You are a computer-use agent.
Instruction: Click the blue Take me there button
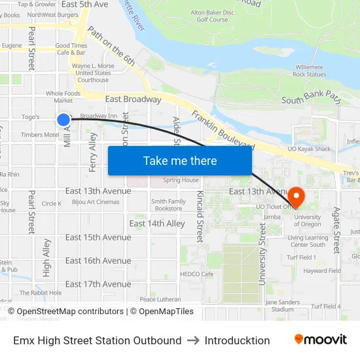point(179,160)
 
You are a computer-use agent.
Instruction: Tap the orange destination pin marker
point(295,196)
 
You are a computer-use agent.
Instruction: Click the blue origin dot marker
point(63,119)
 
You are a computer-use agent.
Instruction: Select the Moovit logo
point(320,340)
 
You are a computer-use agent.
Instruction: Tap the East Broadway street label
point(133,99)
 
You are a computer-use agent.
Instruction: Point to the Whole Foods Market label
point(63,97)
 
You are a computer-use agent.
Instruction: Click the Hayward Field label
point(321,270)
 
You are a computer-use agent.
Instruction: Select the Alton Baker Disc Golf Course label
point(212,16)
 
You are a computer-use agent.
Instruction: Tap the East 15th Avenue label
point(98,238)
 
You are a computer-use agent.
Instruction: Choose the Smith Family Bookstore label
point(168,205)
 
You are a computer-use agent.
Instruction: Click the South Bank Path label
point(311,99)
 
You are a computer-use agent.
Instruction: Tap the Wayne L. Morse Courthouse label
point(93,73)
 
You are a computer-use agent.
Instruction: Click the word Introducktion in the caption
point(237,340)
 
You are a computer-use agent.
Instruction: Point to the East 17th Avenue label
point(98,284)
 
